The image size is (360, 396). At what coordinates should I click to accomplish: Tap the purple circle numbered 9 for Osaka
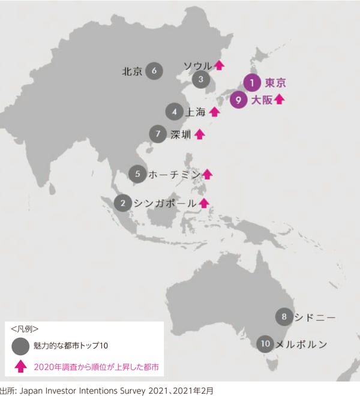tap(238, 100)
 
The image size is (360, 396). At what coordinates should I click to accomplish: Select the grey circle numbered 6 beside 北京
tap(154, 71)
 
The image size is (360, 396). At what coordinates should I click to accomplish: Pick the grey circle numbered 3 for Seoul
tap(201, 79)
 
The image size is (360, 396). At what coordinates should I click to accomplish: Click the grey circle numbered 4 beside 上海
tap(174, 112)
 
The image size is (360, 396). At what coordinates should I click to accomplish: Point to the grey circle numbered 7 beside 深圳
tap(158, 134)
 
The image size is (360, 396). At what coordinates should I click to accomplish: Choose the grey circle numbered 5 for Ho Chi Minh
tap(137, 174)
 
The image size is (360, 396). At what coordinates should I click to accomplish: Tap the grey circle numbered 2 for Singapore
tap(123, 203)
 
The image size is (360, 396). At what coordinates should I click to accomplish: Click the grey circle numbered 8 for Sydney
tap(284, 316)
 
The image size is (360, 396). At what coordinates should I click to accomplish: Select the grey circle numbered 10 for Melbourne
tap(265, 344)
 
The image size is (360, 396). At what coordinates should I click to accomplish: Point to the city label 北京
tap(132, 71)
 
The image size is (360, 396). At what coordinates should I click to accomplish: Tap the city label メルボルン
tap(302, 344)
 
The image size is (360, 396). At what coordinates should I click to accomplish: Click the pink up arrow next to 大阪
tap(279, 100)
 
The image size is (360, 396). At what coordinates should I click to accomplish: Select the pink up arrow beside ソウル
tap(219, 65)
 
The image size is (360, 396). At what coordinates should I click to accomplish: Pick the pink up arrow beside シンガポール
tap(204, 203)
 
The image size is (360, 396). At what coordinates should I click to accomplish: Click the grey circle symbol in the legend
tap(20, 346)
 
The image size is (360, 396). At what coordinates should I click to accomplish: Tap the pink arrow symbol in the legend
tap(20, 365)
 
